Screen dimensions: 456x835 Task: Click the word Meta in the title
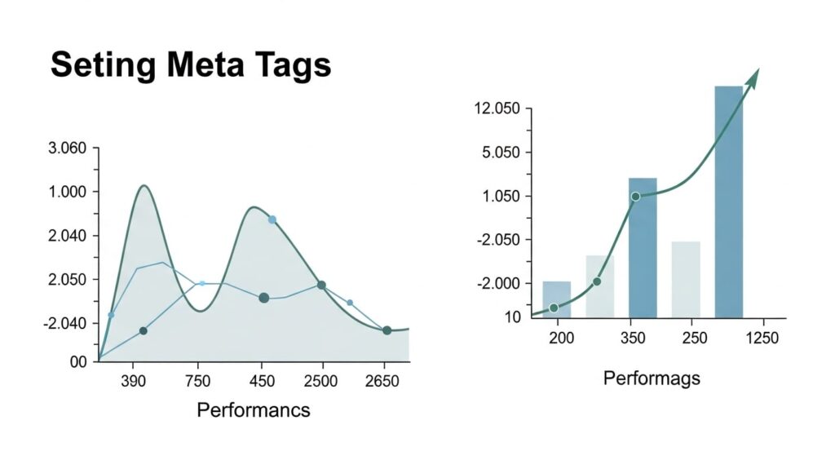tap(196, 64)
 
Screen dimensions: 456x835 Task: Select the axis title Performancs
tap(254, 410)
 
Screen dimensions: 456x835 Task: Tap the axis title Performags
tap(651, 379)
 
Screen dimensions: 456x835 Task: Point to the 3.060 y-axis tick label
tap(68, 148)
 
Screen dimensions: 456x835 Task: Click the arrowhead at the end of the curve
tap(753, 77)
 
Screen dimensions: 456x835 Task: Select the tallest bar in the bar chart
tap(728, 201)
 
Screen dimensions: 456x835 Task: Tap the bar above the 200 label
tap(557, 299)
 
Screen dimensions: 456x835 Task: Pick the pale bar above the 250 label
tap(686, 279)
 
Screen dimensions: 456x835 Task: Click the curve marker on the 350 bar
tap(635, 197)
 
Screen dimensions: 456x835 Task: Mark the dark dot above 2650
tap(387, 330)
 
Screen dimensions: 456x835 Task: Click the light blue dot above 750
tap(202, 283)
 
